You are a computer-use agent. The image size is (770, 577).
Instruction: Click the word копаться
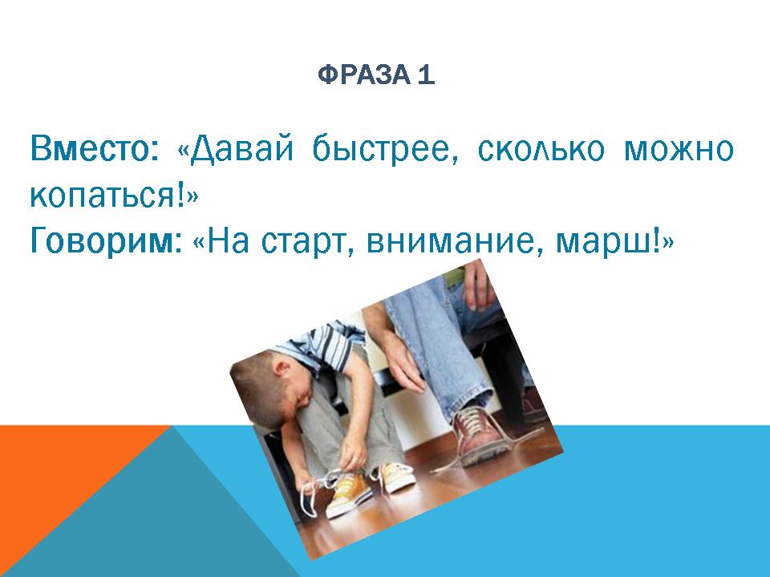tap(104, 195)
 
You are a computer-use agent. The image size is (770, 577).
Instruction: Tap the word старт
tap(309, 240)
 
